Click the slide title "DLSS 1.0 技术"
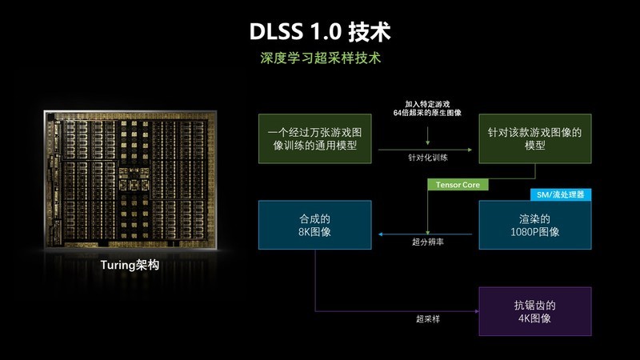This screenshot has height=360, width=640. pyautogui.click(x=320, y=31)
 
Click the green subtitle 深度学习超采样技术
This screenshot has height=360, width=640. pyautogui.click(x=321, y=58)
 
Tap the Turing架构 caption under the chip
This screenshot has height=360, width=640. pyautogui.click(x=130, y=265)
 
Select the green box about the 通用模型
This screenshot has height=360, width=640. pyautogui.click(x=314, y=138)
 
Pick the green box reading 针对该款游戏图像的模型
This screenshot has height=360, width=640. pyautogui.click(x=534, y=138)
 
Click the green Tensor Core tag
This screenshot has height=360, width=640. pyautogui.click(x=458, y=185)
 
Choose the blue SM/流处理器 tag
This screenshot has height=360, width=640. pyautogui.click(x=561, y=194)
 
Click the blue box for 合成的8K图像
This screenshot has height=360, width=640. pyautogui.click(x=314, y=225)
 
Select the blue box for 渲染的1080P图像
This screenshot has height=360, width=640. pyautogui.click(x=534, y=225)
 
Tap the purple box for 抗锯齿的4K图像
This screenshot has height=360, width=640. pyautogui.click(x=534, y=311)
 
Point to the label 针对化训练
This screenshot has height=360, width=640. pyautogui.click(x=428, y=158)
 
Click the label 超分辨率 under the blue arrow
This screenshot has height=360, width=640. pyautogui.click(x=428, y=242)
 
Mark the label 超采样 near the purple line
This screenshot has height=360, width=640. pyautogui.click(x=428, y=318)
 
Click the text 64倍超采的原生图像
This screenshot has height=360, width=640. pyautogui.click(x=427, y=113)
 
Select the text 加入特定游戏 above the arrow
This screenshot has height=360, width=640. pyautogui.click(x=427, y=104)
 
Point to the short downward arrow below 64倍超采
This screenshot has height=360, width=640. pyautogui.click(x=427, y=136)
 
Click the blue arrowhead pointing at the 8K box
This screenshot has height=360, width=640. pyautogui.click(x=381, y=234)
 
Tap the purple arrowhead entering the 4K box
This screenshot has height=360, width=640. pyautogui.click(x=477, y=311)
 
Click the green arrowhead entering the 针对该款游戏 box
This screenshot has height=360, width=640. pyautogui.click(x=470, y=150)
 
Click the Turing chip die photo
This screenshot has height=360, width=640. pyautogui.click(x=130, y=179)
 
